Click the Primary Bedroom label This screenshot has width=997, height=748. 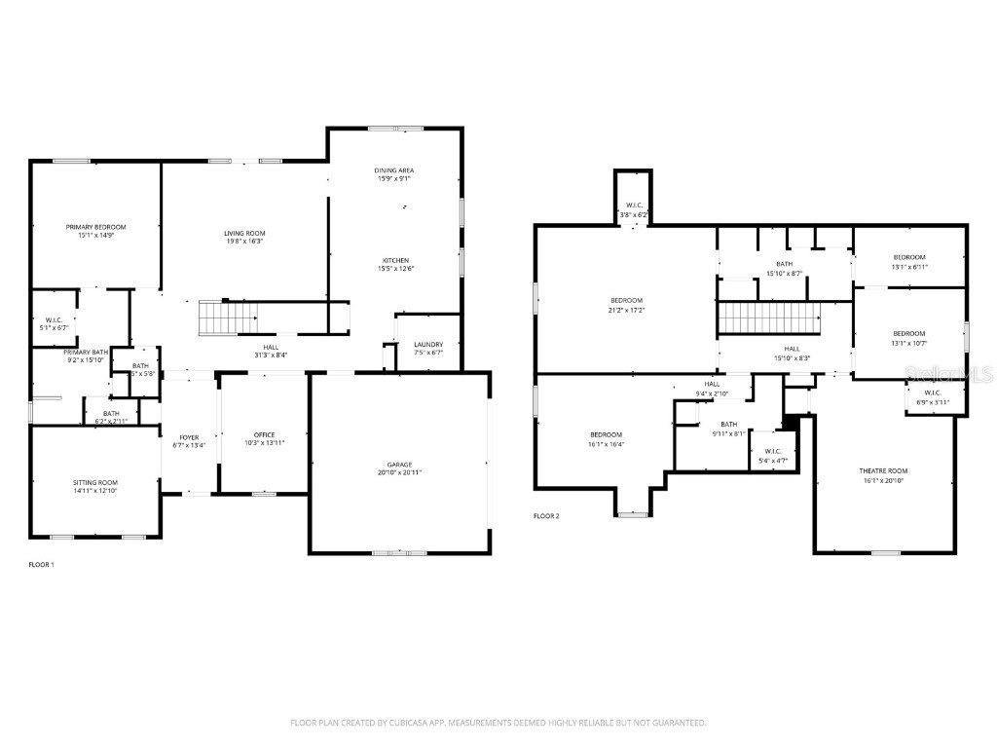[x=95, y=227]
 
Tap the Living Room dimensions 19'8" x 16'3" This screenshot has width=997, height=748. [x=244, y=242]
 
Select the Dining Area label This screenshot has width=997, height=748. [x=394, y=170]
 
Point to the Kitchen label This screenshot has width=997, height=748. [x=394, y=260]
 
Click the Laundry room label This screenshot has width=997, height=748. [x=428, y=344]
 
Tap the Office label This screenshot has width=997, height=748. [x=264, y=434]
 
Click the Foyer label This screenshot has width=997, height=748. [x=189, y=437]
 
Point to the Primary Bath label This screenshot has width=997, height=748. [x=86, y=352]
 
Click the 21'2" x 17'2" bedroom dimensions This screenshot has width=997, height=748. [x=627, y=310]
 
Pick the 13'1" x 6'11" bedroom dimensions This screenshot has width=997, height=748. [x=909, y=267]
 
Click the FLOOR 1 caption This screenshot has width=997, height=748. [x=41, y=565]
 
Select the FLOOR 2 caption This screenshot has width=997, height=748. [x=546, y=516]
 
